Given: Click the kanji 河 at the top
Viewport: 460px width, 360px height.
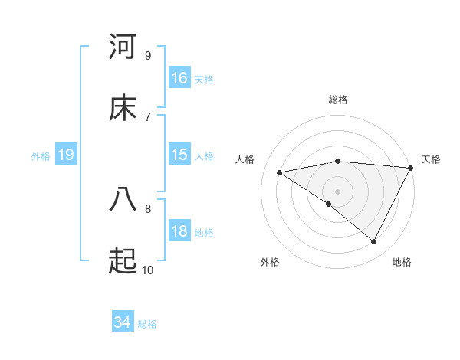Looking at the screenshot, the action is tap(123, 47).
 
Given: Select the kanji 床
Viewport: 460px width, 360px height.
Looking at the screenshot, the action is tap(123, 108).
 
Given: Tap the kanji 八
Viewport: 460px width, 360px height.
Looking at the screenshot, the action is tap(123, 199).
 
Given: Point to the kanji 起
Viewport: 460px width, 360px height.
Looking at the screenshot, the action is tap(123, 261).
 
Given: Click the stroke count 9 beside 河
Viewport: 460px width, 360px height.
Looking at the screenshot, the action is tap(147, 55).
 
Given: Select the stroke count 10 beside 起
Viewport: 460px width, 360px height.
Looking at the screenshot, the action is tap(147, 270).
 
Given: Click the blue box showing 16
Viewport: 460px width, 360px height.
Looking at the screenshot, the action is tap(179, 77).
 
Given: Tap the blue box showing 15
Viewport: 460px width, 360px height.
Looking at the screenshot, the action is tap(179, 154).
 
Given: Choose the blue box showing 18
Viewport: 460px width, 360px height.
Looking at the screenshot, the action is tap(179, 231).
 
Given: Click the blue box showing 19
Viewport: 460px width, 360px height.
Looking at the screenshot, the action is tap(66, 155).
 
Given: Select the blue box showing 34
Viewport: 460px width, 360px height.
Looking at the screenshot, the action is tap(123, 322).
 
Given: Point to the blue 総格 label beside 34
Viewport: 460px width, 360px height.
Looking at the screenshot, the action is tap(147, 324).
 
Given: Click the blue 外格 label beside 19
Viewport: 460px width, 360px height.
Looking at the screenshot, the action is tap(41, 156).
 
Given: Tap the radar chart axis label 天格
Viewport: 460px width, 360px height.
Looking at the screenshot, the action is tap(431, 159).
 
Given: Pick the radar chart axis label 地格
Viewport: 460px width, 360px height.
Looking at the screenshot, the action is tap(402, 262).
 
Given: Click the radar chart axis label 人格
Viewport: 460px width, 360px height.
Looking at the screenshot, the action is tap(245, 159).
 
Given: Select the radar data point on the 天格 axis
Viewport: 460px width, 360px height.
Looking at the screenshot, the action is tap(412, 168).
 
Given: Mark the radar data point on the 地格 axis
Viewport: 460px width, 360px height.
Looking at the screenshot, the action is tap(374, 242).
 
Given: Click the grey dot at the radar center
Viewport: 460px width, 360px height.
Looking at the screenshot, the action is tap(338, 191).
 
